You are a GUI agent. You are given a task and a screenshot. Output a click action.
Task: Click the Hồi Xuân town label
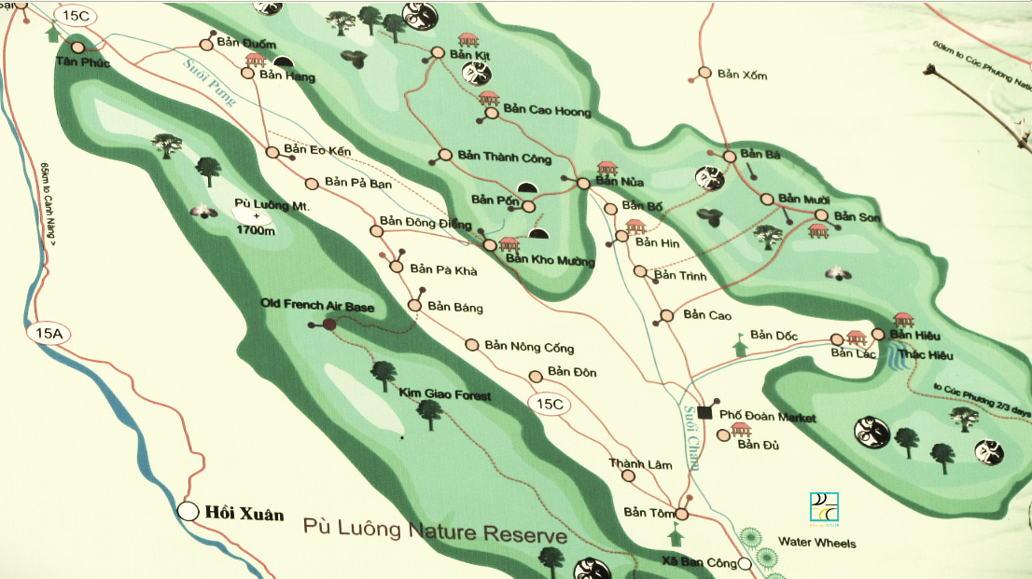pos(244,514)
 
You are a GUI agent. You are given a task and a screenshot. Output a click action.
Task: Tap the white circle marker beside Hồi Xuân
pos(188,511)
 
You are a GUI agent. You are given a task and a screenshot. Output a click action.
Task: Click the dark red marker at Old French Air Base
pos(328,324)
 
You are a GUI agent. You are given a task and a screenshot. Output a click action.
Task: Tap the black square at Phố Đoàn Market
pos(704,412)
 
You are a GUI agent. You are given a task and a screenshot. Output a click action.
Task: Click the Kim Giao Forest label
pos(444,395)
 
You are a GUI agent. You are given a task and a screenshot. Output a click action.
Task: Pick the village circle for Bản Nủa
pos(583,184)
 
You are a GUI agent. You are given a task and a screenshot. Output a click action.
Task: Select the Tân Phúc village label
pos(82,62)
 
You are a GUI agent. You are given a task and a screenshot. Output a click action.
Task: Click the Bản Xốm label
pos(742,75)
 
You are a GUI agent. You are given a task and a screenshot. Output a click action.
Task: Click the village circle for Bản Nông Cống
pos(471,345)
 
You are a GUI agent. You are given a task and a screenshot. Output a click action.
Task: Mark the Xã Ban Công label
pos(698,563)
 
